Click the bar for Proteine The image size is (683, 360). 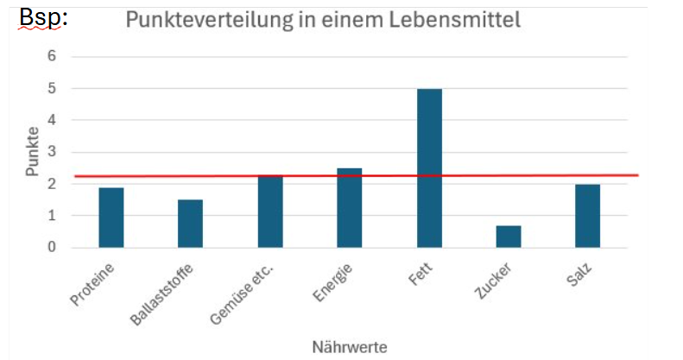(111, 218)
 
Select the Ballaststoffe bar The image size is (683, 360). (190, 224)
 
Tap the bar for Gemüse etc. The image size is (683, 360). (270, 212)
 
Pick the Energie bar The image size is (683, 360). (350, 208)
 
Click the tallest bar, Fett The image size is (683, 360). (429, 168)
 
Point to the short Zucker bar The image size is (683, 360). (509, 237)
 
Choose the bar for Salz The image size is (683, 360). (588, 216)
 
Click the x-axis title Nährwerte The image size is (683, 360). (349, 346)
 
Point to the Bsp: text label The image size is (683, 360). (43, 18)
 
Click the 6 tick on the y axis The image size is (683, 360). (51, 56)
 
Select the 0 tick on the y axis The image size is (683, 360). (51, 248)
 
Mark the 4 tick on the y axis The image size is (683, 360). (51, 120)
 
